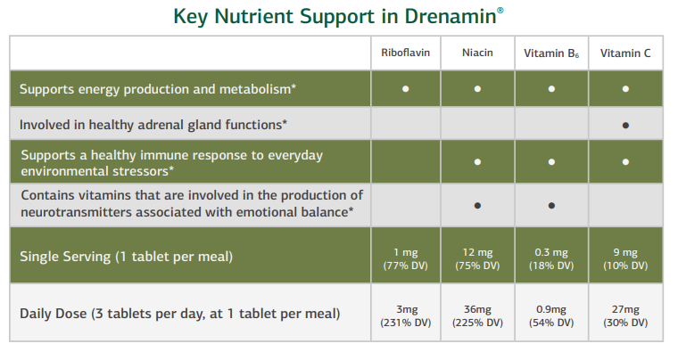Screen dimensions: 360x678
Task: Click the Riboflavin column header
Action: coord(406,53)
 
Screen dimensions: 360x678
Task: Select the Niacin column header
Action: coord(477,53)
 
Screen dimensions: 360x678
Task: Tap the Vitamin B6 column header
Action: coord(551,53)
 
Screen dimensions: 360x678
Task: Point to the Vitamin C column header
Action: coord(624,53)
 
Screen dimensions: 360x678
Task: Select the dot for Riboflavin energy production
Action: coord(406,89)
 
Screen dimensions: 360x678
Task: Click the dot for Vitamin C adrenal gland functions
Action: coord(625,125)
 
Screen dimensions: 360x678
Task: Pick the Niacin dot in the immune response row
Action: coord(478,161)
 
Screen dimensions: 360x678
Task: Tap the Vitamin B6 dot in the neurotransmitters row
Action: coord(552,205)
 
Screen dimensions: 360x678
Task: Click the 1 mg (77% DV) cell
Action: coord(406,258)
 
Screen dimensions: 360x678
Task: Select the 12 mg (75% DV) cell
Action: coord(478,258)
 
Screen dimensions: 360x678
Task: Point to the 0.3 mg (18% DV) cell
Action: coord(552,258)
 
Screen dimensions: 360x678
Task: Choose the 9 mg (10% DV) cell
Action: coord(625,258)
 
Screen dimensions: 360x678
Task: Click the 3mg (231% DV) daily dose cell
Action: coord(406,315)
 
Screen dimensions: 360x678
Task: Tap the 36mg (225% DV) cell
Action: coord(478,315)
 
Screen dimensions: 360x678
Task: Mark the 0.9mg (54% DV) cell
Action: coord(552,315)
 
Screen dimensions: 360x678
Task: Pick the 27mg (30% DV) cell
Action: coord(625,315)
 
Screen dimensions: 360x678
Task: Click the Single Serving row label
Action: coord(126,258)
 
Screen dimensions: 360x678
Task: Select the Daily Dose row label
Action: coord(179,315)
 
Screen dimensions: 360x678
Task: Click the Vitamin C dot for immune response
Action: coord(625,161)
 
